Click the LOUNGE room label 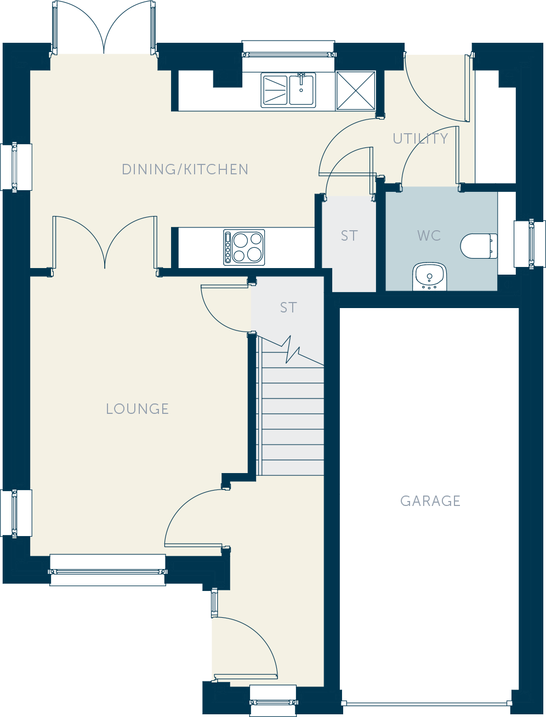137,408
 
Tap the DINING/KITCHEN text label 185,169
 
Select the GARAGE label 430,501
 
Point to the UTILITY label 420,139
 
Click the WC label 429,236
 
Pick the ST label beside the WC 349,236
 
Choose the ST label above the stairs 288,308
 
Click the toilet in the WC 479,246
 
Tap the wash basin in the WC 429,276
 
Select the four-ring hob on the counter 244,247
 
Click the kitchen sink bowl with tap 302,90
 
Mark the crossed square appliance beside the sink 356,90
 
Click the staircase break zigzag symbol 293,350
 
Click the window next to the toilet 530,244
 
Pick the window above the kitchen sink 288,54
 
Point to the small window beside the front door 214,603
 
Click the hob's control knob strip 228,247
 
